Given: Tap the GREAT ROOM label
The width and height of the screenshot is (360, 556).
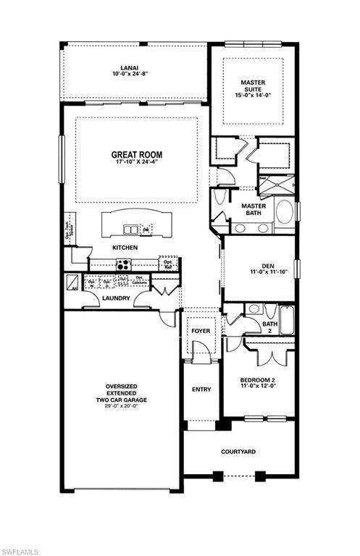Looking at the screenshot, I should click(x=136, y=154).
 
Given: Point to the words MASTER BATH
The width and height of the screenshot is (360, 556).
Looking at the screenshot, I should click(x=253, y=209).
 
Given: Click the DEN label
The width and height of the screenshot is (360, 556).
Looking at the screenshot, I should click(x=259, y=266).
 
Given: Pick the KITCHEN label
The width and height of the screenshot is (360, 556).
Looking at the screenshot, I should click(x=125, y=248).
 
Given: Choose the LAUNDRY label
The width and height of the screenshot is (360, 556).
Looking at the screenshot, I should click(x=116, y=298).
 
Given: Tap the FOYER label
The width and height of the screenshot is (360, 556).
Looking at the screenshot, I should click(x=201, y=331).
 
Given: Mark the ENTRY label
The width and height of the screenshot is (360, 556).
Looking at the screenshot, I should click(x=201, y=389).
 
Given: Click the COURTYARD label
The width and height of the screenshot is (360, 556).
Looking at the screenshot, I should click(x=238, y=452).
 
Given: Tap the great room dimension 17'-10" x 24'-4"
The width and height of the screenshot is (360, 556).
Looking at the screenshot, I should click(x=136, y=162).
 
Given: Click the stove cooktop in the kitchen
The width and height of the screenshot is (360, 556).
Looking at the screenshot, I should click(x=124, y=265).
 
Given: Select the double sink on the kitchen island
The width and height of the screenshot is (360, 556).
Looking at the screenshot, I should click(x=131, y=230).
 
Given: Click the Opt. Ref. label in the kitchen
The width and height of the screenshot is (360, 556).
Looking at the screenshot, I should click(x=168, y=265).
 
